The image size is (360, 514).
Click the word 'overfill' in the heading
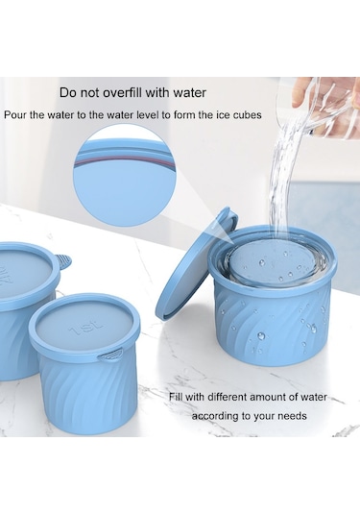[x=123, y=93]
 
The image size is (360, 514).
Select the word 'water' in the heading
[x=189, y=93]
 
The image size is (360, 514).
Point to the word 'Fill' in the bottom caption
[x=176, y=398]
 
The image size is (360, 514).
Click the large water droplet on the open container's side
[x=261, y=335]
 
